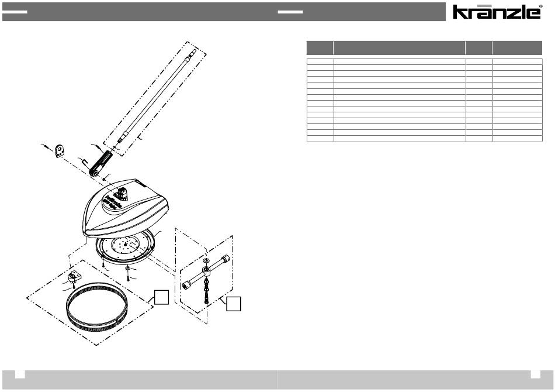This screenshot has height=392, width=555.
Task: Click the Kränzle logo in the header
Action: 496,12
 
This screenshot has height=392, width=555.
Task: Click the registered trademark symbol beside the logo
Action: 540,6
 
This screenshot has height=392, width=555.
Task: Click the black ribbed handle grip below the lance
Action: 101,162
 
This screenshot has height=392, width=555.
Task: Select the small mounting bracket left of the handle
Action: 61,151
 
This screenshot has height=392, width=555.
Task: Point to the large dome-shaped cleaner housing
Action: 124,208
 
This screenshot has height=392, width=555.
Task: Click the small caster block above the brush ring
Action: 74,276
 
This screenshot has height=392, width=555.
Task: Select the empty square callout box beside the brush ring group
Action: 161,297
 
